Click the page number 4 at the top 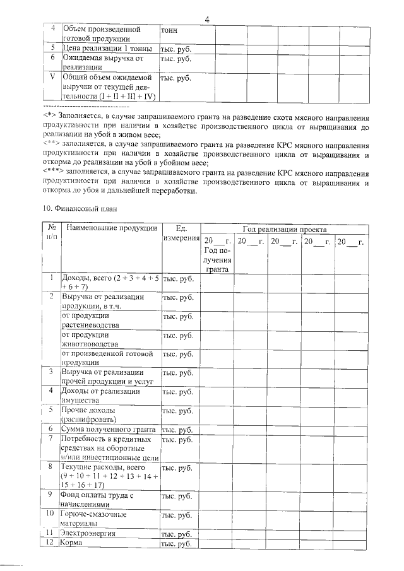coord(206,18)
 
